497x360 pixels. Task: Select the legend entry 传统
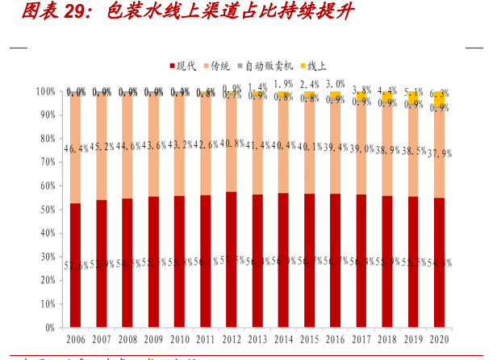223,66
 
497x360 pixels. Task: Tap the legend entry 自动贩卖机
269,66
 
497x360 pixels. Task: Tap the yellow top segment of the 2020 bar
440,98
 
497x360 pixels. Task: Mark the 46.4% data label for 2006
76,149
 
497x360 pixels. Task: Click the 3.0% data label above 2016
336,83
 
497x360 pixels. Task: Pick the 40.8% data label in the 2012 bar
232,144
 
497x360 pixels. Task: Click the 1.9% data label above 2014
284,84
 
